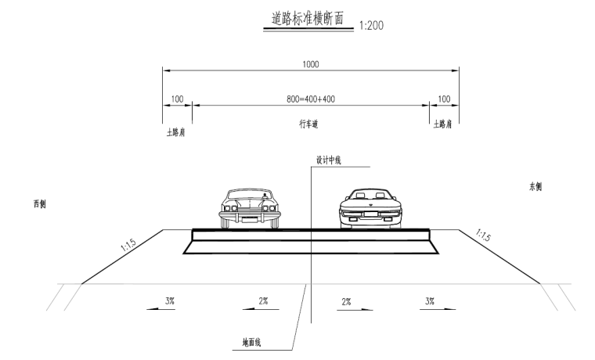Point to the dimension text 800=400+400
(x=311, y=100)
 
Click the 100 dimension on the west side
(x=177, y=100)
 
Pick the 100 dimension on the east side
(x=443, y=100)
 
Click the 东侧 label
(x=535, y=187)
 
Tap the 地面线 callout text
(x=254, y=343)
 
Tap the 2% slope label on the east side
(x=345, y=301)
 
